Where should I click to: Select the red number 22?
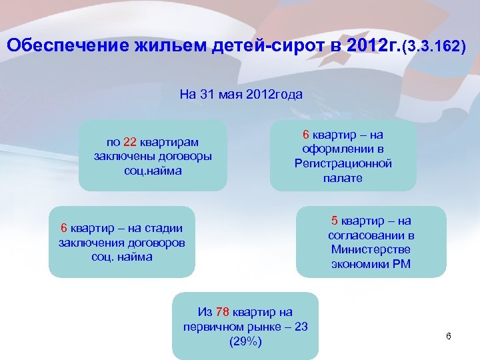click(x=130, y=142)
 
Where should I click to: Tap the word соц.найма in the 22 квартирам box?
click(x=153, y=171)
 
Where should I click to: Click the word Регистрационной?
click(x=343, y=163)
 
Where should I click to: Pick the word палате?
click(x=343, y=178)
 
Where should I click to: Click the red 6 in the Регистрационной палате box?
click(x=307, y=134)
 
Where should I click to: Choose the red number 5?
click(x=335, y=221)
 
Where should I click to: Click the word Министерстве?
click(x=371, y=249)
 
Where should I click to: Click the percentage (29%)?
click(x=245, y=341)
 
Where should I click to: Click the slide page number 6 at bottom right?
click(x=449, y=336)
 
